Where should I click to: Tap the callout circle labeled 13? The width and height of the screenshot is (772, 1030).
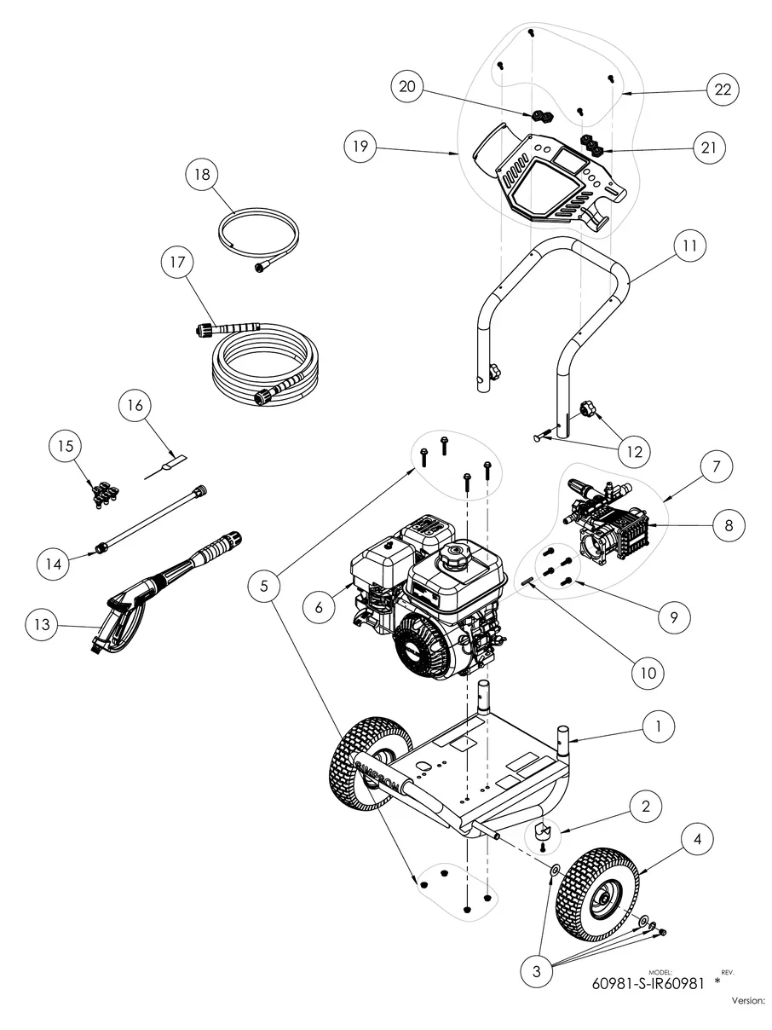coord(41,625)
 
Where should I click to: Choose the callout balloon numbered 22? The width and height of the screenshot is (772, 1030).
coord(723,90)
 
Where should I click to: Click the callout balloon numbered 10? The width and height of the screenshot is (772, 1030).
coord(648,672)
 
